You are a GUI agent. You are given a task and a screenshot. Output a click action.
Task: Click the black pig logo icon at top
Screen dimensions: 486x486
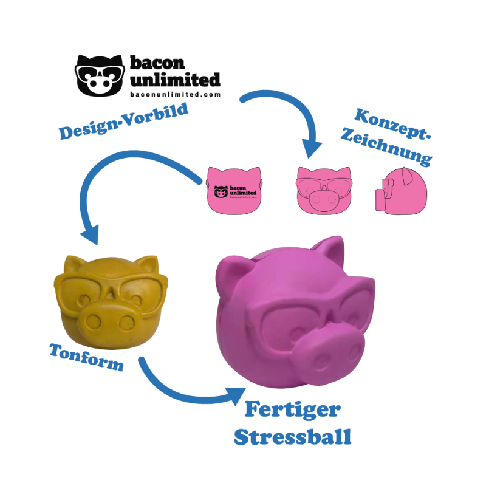pyautogui.click(x=100, y=75)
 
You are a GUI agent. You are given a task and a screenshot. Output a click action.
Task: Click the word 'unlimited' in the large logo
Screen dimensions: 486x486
pyautogui.click(x=175, y=80)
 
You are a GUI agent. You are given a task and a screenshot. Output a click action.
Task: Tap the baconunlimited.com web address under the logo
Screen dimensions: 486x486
pyautogui.click(x=175, y=94)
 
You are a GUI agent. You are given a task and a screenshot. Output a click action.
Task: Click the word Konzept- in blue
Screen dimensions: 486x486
pyautogui.click(x=392, y=124)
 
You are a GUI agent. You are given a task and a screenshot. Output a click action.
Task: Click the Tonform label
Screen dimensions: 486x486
pyautogui.click(x=86, y=357)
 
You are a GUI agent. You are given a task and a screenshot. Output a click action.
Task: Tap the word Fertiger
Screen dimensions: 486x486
pyautogui.click(x=293, y=409)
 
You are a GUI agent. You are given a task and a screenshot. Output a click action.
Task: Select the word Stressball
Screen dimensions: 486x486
pyautogui.click(x=293, y=437)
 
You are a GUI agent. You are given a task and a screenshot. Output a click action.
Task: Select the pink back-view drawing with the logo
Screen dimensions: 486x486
pyautogui.click(x=234, y=191)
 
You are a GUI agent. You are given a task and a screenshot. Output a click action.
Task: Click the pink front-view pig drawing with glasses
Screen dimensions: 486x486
pyautogui.click(x=324, y=191)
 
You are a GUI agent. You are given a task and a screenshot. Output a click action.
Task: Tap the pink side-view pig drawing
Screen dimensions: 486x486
pyautogui.click(x=401, y=191)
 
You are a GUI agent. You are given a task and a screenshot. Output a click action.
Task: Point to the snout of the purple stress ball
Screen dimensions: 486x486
pyautogui.click(x=329, y=351)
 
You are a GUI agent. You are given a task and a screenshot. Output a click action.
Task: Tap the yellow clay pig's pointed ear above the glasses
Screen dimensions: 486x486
pyautogui.click(x=147, y=264)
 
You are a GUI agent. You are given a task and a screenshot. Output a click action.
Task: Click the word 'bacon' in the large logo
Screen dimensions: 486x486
pyautogui.click(x=157, y=63)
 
